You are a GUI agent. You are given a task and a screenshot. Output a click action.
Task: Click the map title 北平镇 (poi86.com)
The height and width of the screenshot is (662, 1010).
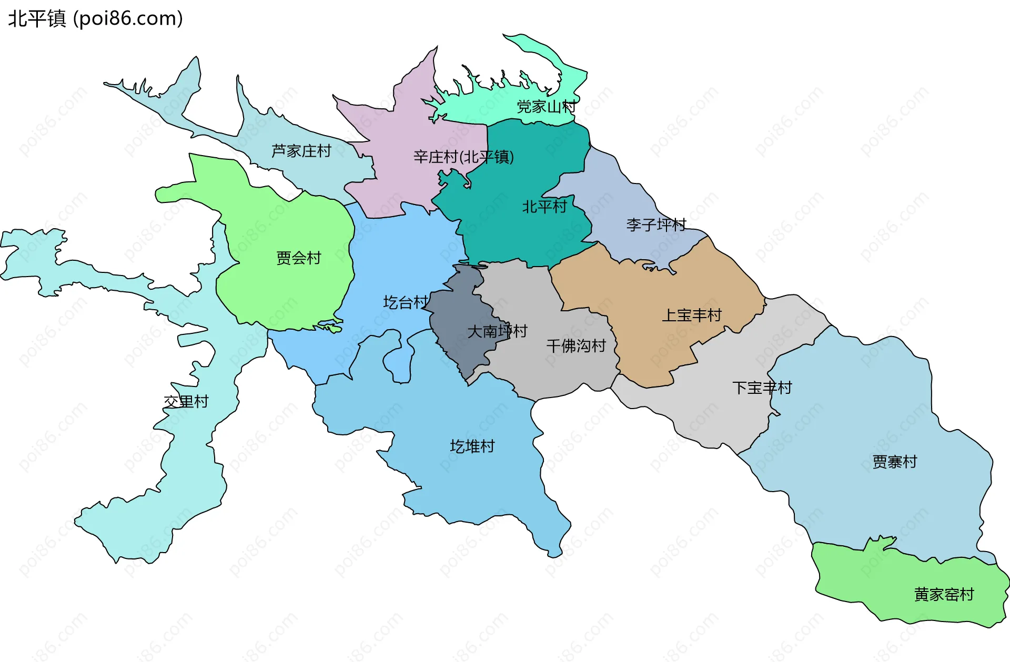(x=95, y=18)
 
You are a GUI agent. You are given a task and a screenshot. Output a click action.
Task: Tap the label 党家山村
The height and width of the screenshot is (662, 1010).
(x=546, y=107)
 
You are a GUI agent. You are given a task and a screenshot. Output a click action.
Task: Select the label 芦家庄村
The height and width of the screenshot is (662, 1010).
(x=301, y=151)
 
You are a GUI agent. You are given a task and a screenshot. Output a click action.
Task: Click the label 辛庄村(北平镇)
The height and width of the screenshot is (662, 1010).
(x=463, y=157)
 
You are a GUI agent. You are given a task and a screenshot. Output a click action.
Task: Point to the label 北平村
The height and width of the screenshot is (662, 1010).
(x=544, y=207)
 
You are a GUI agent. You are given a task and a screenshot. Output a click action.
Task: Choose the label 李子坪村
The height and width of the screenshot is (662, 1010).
(x=656, y=225)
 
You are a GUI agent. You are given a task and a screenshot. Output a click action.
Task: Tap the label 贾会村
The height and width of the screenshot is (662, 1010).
(x=298, y=258)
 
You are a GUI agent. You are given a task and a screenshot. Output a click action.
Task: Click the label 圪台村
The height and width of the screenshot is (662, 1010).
(x=405, y=302)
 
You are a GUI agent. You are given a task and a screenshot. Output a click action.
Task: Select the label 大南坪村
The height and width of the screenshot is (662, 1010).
(x=497, y=331)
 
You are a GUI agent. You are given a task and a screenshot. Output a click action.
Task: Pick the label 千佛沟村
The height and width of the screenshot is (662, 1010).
(x=576, y=345)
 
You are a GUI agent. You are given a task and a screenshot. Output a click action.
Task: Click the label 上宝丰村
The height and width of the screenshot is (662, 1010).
(x=691, y=315)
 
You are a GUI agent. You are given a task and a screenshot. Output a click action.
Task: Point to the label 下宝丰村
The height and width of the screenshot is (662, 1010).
(x=762, y=388)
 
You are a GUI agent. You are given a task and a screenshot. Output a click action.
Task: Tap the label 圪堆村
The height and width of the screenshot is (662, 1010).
(x=472, y=446)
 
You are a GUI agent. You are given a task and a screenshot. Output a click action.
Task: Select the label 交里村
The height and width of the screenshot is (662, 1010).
(x=186, y=402)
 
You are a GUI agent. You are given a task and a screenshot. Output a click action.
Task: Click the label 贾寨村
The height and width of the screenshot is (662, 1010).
(x=894, y=462)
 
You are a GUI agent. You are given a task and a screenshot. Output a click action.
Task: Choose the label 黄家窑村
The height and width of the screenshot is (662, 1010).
(x=944, y=594)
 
